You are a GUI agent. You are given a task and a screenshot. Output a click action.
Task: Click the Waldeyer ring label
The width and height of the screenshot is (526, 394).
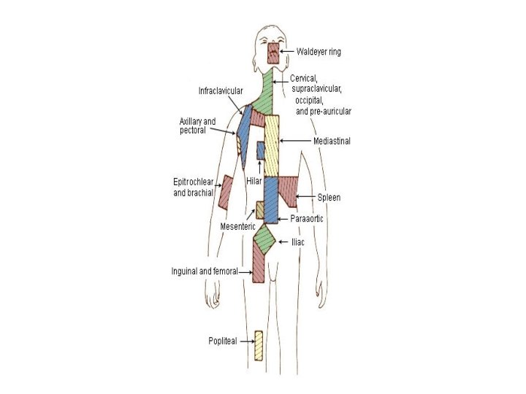[319, 52]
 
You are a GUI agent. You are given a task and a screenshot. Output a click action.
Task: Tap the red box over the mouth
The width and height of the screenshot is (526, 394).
[273, 53]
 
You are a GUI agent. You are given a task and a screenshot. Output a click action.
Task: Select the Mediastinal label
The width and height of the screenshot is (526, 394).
[331, 142]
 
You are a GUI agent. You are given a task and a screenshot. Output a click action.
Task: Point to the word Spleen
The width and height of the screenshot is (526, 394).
[329, 198]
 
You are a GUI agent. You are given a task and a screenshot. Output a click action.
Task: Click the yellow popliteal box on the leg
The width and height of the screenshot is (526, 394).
[259, 345]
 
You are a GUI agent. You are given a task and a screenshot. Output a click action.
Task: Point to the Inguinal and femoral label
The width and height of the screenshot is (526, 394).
[204, 271]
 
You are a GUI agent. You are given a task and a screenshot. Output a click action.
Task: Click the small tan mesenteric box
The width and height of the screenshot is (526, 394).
[259, 210]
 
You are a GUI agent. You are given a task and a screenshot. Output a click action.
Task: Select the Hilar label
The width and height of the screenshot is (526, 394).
[255, 178]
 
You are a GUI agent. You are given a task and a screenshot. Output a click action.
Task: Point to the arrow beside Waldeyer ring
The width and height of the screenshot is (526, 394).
[288, 52]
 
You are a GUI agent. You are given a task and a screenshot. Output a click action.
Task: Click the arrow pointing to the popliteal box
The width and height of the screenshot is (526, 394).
[245, 341]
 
